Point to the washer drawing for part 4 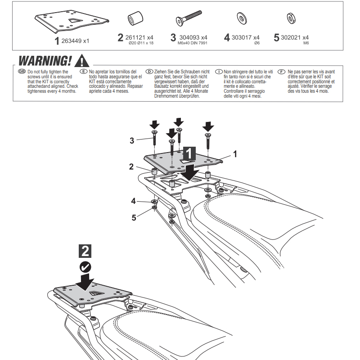pyautogui.click(x=241, y=19)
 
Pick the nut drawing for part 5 pyautogui.click(x=291, y=18)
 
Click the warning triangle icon pyautogui.click(x=82, y=61)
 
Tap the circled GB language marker pyautogui.click(x=22, y=72)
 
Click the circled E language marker pyautogui.click(x=83, y=72)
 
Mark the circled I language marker pyautogui.click(x=219, y=72)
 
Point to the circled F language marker pyautogui.click(x=282, y=72)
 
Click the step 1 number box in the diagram pyautogui.click(x=189, y=153)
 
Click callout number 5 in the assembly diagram pyautogui.click(x=134, y=218)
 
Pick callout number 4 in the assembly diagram pyautogui.click(x=134, y=201)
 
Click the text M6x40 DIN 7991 pyautogui.click(x=192, y=44)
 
